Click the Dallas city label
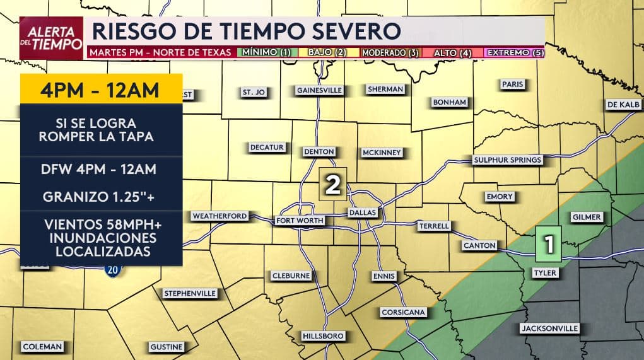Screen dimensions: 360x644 [x=363, y=213]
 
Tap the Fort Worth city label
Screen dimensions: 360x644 [x=300, y=221]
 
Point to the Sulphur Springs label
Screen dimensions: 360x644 [x=508, y=160]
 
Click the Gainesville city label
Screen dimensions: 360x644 [x=320, y=90]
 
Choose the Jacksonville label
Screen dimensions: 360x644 [x=549, y=328]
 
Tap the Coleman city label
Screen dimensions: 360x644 [x=42, y=347]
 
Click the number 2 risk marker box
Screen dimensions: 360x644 [x=333, y=184]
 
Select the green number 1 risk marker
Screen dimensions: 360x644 [x=549, y=244]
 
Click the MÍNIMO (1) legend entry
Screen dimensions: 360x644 [x=267, y=52]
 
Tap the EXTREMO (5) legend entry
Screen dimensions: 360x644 [x=515, y=52]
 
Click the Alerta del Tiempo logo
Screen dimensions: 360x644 [x=51, y=38]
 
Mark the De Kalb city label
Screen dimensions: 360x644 [x=623, y=104]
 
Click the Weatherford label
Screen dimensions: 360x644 [x=220, y=216]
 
